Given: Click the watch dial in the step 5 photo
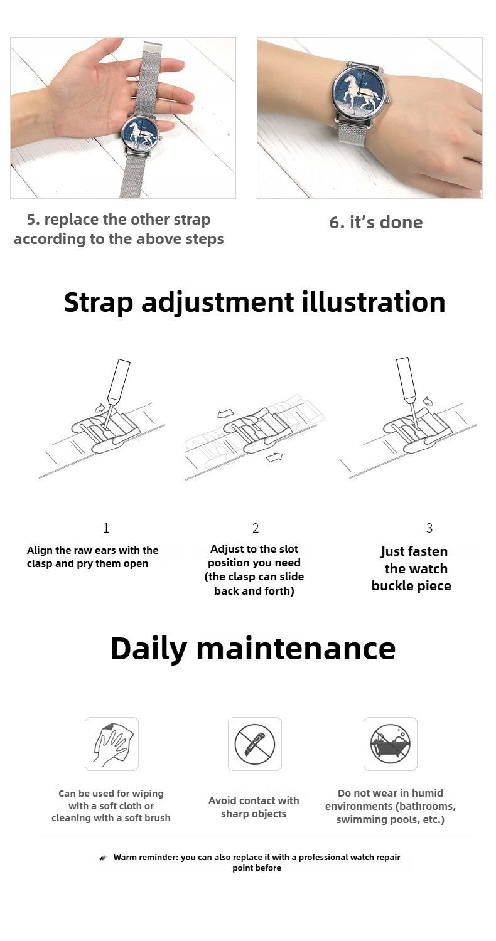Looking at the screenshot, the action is click(x=140, y=134).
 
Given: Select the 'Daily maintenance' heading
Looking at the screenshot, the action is click(x=253, y=649).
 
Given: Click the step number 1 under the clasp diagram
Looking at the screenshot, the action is click(x=106, y=528).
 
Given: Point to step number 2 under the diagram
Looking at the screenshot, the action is click(x=255, y=528).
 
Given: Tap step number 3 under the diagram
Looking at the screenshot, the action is click(x=429, y=528).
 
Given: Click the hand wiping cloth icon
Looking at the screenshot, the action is click(x=111, y=744).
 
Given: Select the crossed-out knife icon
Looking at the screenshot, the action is click(x=254, y=744).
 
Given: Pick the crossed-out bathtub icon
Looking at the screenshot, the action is click(x=390, y=744).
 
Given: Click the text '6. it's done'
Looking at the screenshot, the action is click(x=376, y=223).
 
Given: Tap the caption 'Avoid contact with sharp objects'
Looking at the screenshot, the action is click(x=254, y=807).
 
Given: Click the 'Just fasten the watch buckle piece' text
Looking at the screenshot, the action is click(x=411, y=568).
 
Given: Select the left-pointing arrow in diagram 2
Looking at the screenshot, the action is click(x=226, y=414).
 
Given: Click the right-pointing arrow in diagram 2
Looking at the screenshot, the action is click(x=274, y=457).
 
